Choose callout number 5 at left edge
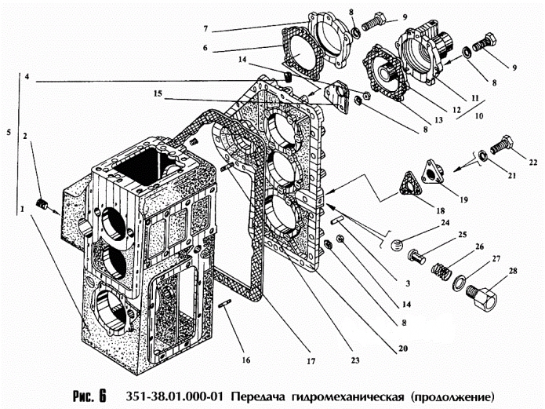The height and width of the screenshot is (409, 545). point(9,134)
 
